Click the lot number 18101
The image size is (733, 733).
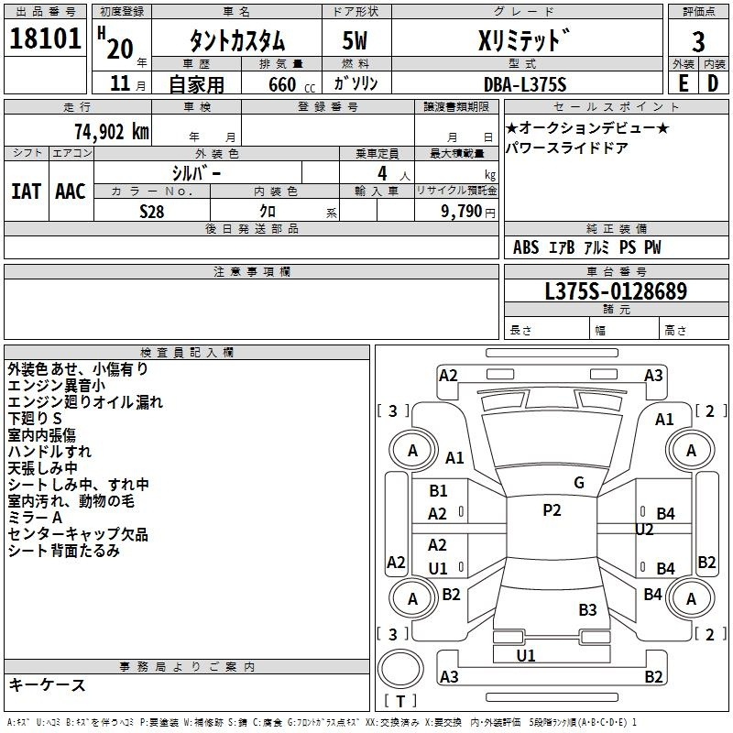tap(45, 38)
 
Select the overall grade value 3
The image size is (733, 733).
tap(698, 41)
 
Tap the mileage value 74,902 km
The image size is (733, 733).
tap(112, 131)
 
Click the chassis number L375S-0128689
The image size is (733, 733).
tap(616, 290)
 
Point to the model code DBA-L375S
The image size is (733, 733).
tap(525, 84)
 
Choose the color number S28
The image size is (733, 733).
tap(152, 212)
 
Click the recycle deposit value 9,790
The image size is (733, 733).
tap(462, 212)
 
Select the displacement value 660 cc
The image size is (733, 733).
tap(291, 84)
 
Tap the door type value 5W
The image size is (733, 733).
tap(355, 40)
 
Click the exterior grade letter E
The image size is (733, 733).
tap(683, 83)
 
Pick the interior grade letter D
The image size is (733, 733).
tap(713, 83)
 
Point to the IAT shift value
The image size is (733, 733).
tap(26, 191)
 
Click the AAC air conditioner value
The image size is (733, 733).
tap(71, 191)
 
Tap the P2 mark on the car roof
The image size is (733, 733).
tap(552, 510)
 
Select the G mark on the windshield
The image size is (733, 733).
tap(579, 483)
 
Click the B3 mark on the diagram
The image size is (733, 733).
tap(587, 609)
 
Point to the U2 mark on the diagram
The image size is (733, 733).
tap(644, 530)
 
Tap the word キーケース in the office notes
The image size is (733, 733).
tap(47, 684)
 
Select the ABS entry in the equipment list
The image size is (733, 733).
tap(526, 247)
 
